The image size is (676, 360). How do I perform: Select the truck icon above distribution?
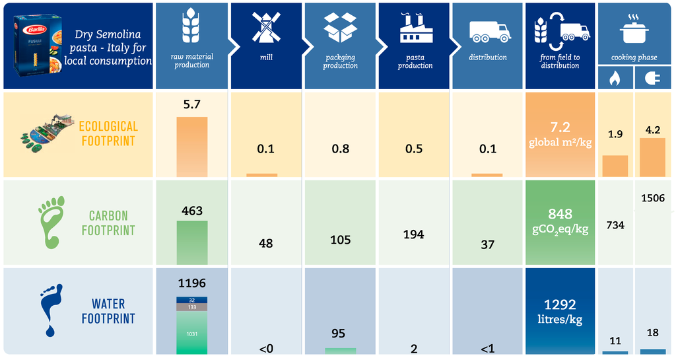pos(489,30)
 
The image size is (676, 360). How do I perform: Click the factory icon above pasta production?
pos(415,29)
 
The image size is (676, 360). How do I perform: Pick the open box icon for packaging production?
pos(340,28)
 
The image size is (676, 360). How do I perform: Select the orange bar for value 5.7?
pos(192,147)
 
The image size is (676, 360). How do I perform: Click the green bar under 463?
pos(192,242)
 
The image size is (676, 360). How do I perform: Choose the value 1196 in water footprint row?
pos(192,283)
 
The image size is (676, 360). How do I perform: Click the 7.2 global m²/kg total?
pos(560,134)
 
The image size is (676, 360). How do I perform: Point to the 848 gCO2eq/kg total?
pos(560,221)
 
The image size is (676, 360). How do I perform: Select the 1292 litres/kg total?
pos(560,311)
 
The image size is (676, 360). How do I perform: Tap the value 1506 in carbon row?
pos(652,199)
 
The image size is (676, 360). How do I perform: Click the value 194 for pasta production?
pos(414,234)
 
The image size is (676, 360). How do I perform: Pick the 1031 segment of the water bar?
pos(192,334)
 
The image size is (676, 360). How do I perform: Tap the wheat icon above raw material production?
pos(191,26)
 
